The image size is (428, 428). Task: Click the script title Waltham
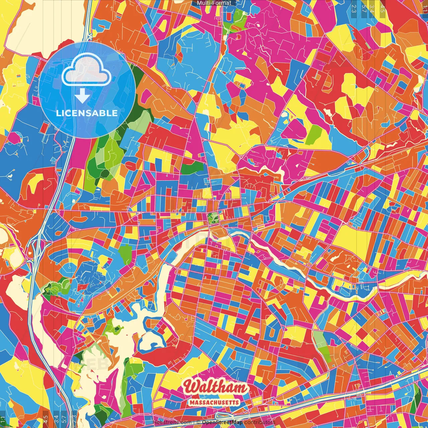pyautogui.click(x=216, y=387)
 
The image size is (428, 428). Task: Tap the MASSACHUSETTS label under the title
pyautogui.click(x=214, y=402)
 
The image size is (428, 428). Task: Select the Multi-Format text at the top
pyautogui.click(x=214, y=3)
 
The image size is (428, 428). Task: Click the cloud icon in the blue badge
pyautogui.click(x=87, y=69)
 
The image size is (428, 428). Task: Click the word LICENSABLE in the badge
pyautogui.click(x=87, y=113)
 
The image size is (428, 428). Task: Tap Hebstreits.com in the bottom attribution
pyautogui.click(x=172, y=422)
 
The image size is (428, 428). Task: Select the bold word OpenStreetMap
pyautogui.click(x=222, y=422)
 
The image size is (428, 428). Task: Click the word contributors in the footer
pyautogui.click(x=260, y=422)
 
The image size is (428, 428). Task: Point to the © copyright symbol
pyautogui.click(x=198, y=422)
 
